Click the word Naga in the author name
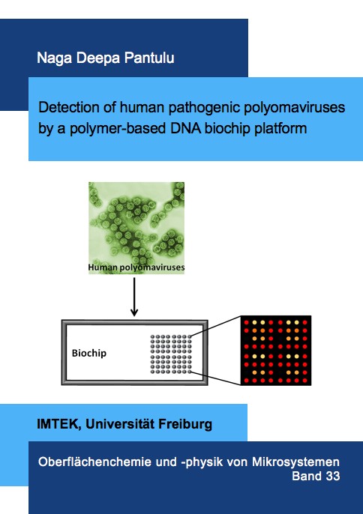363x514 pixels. pos(55,58)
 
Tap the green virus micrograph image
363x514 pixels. pos(136,228)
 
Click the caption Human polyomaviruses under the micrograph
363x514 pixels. pos(136,267)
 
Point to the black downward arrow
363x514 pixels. pos(134,297)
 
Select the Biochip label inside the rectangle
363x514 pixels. pos(89,353)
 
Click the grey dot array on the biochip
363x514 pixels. pos(171,354)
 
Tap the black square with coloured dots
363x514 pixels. pos(276,351)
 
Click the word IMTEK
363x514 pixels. pos(58,425)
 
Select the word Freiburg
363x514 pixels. pos(185,425)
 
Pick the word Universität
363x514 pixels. pos(120,424)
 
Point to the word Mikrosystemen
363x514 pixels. pos(295,462)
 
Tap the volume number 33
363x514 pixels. pos(333,476)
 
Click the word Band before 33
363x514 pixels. pos(307,476)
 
